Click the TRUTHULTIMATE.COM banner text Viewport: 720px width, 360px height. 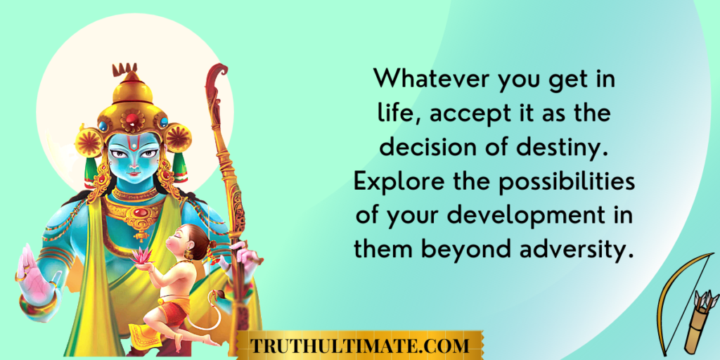359,345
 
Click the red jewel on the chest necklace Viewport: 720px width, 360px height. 142,212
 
